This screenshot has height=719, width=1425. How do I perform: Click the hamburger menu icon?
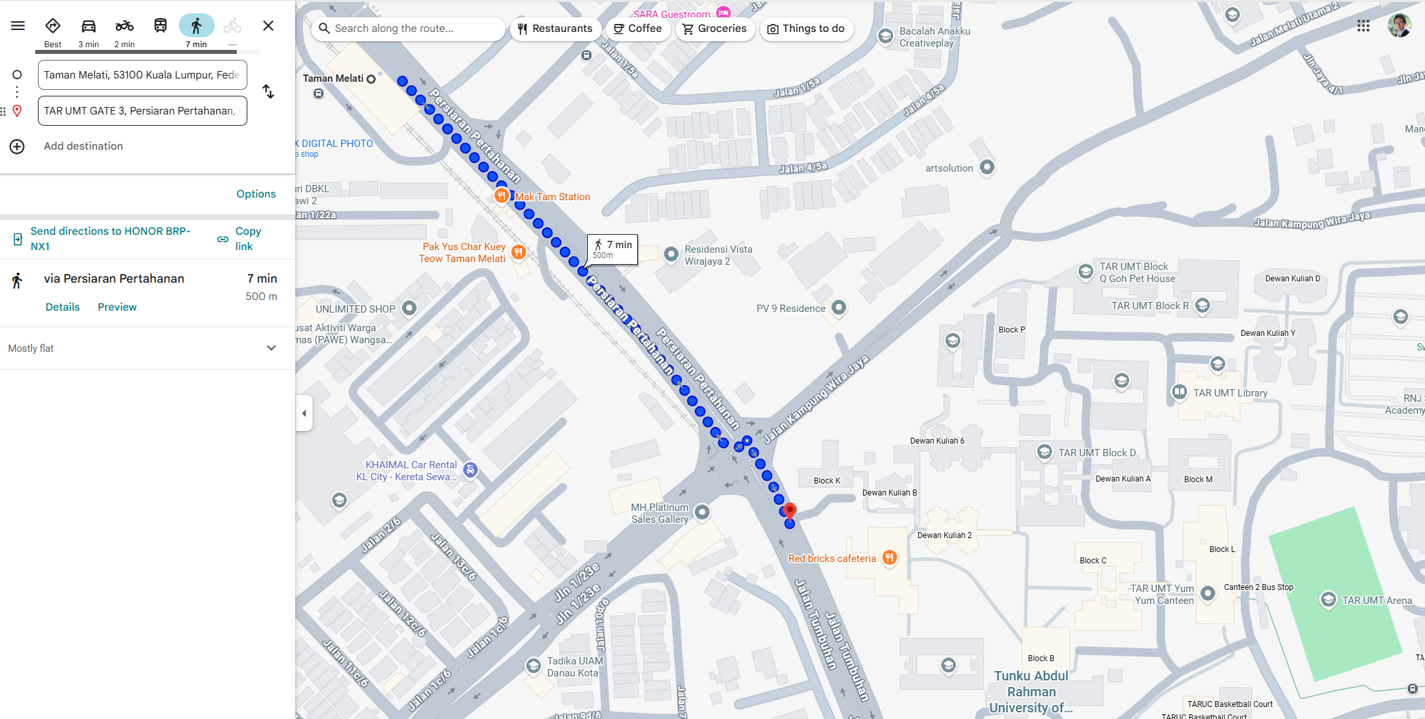(18, 26)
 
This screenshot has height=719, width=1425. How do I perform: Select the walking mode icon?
(196, 26)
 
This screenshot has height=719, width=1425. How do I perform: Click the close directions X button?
(268, 26)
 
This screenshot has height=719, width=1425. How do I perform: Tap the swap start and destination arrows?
(268, 92)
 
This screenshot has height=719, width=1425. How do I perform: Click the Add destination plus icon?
(17, 146)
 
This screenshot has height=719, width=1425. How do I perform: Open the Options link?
(256, 194)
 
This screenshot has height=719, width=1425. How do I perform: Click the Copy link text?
(247, 239)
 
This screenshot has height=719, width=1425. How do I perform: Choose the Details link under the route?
(63, 307)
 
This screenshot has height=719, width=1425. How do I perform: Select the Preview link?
(117, 307)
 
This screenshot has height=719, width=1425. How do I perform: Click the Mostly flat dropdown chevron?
(271, 348)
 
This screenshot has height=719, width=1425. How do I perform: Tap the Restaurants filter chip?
(555, 29)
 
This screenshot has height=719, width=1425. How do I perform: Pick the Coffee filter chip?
(638, 29)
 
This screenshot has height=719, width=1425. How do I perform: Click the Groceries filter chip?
(715, 29)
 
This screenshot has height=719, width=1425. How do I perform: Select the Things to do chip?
(806, 29)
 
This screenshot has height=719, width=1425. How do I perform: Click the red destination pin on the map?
(789, 511)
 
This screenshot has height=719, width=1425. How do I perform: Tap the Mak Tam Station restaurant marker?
(501, 196)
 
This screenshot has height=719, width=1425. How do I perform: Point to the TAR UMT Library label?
(1230, 393)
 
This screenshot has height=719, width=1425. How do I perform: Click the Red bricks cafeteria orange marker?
(890, 558)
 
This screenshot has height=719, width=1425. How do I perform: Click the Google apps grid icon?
(1363, 26)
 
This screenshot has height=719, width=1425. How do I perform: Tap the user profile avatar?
(1399, 26)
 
